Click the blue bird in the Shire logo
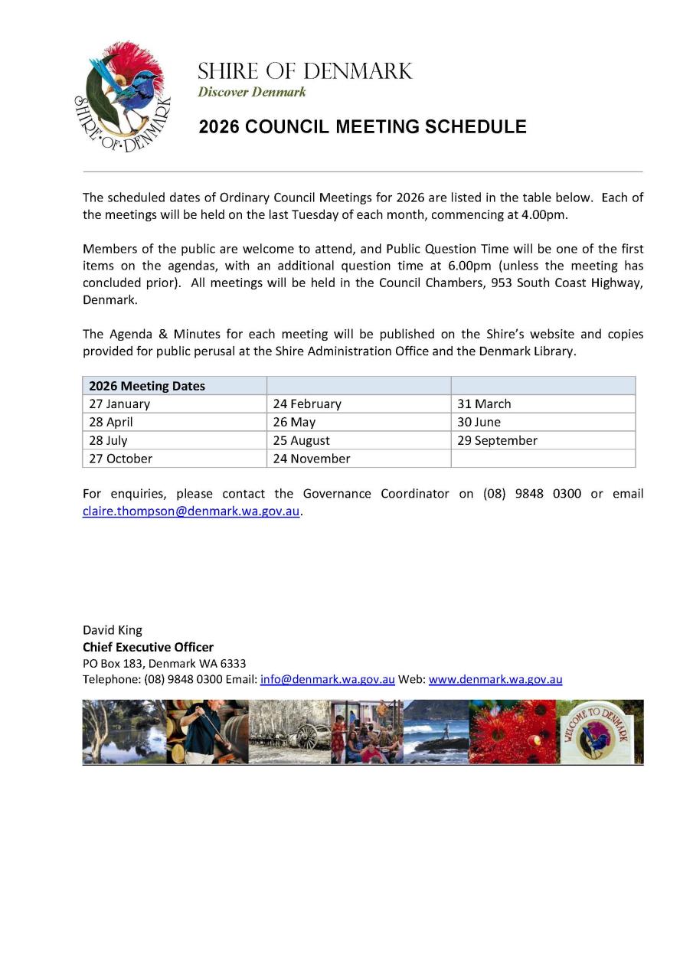[115, 85]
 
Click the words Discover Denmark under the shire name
[251, 92]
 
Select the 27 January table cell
[119, 403]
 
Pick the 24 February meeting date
[307, 403]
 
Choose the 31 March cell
[484, 403]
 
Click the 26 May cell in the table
[294, 422]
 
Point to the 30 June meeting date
[479, 422]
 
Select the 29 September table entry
[497, 440]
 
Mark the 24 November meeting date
[311, 459]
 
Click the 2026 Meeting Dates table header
[147, 386]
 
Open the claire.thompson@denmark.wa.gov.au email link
[191, 511]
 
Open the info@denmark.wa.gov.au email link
[327, 679]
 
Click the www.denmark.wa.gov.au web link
[495, 679]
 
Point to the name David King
[113, 630]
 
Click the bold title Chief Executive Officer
[148, 647]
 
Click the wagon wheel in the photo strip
[309, 736]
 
